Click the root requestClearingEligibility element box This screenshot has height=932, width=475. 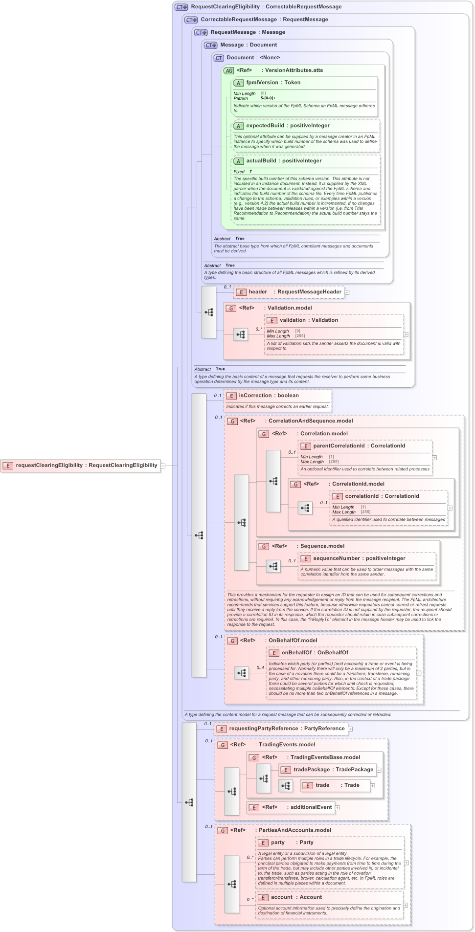(x=81, y=466)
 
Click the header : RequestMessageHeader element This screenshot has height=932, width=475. (x=289, y=292)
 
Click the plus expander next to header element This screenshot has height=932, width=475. (x=347, y=292)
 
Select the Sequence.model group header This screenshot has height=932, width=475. (x=322, y=546)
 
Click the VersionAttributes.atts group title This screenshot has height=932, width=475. (x=294, y=70)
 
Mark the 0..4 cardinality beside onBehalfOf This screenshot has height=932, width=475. (x=260, y=667)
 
